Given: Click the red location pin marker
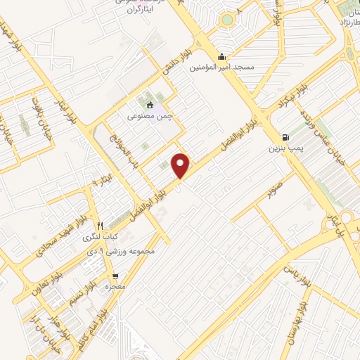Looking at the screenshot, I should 182,166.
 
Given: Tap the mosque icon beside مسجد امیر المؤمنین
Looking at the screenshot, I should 223,58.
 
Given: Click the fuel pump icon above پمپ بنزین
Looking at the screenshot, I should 284,137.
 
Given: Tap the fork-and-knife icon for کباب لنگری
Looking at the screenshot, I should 100,226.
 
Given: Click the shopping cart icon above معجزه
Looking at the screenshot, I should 115,276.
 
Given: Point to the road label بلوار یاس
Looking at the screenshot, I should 295,269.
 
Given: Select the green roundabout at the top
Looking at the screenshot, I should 226,19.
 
